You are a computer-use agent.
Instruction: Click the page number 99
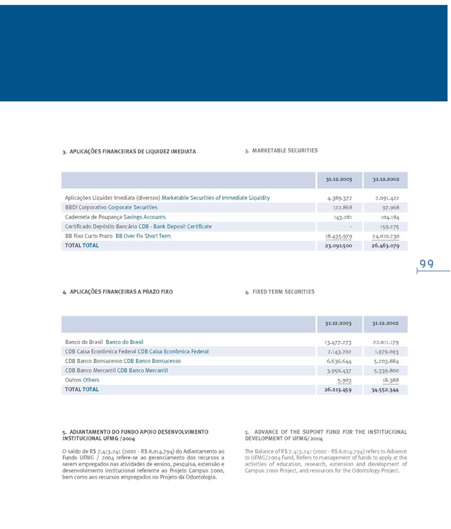427,264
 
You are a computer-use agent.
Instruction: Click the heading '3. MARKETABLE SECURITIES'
281,151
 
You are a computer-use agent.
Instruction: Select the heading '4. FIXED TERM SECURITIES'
280,292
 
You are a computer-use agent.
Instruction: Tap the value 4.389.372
339,198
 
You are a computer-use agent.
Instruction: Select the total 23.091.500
338,245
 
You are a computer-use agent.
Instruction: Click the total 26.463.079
385,245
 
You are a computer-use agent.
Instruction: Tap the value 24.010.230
385,236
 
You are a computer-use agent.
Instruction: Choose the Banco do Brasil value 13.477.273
338,342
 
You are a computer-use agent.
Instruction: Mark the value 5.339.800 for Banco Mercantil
386,370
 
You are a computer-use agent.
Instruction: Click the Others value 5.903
344,380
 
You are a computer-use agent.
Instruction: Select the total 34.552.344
385,390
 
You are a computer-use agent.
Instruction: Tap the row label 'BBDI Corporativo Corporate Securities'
111,207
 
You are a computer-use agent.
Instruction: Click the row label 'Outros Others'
82,380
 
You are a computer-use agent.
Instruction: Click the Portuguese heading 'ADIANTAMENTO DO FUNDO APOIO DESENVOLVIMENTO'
135,431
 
